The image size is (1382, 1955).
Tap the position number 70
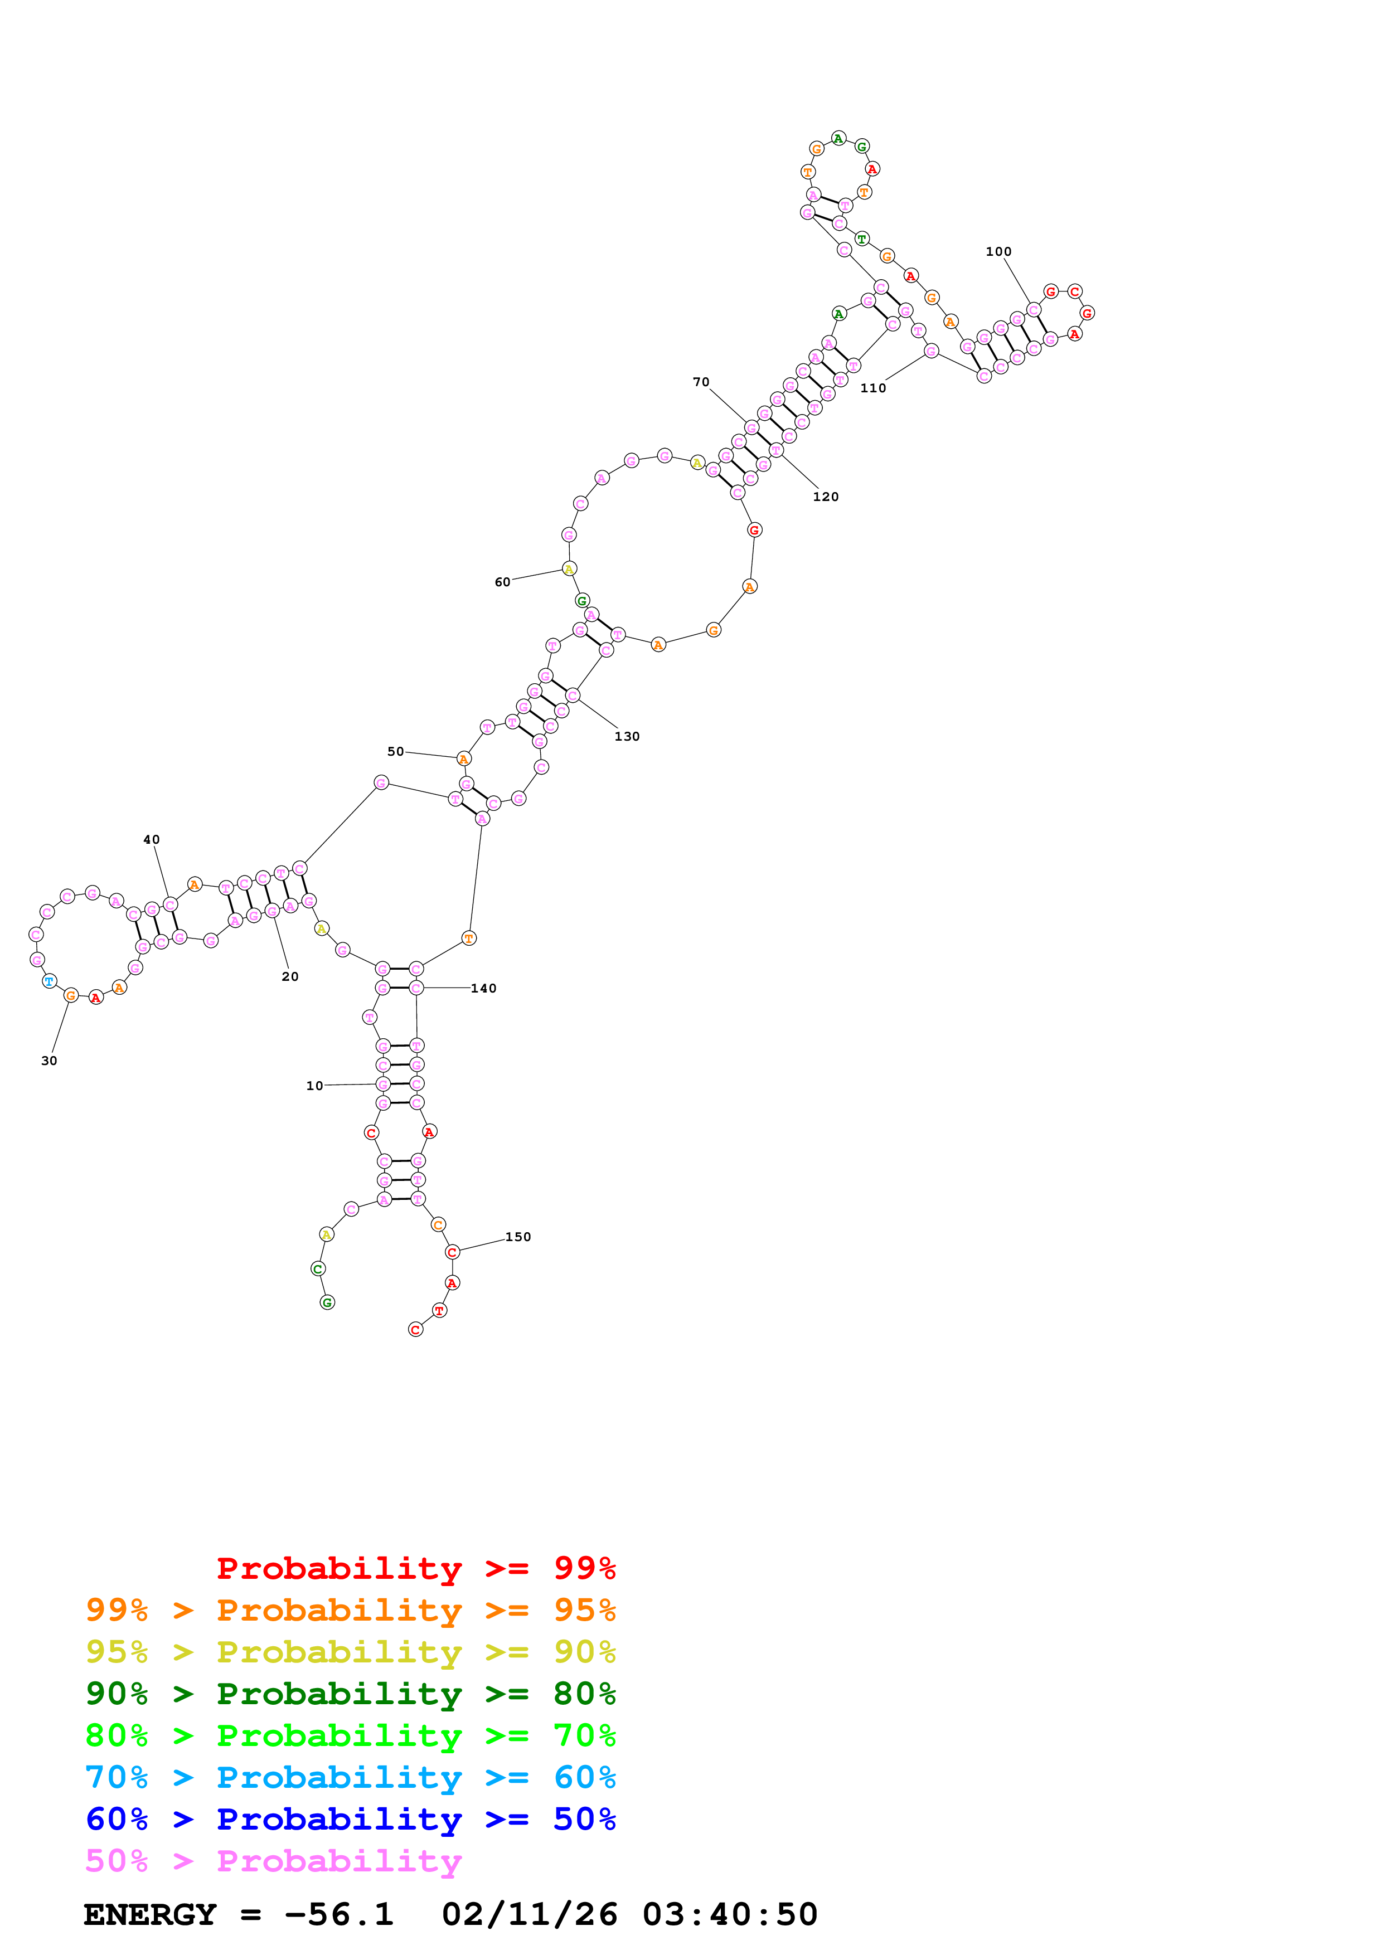[701, 382]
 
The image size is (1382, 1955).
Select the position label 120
[825, 497]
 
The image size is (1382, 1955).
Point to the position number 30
[50, 1061]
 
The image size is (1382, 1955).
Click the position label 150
[518, 1237]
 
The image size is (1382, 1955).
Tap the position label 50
[396, 752]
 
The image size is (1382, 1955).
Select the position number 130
[627, 737]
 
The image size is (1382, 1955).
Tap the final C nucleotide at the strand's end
[415, 1330]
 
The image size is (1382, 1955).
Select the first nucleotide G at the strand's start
[327, 1303]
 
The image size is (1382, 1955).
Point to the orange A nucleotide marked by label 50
[463, 758]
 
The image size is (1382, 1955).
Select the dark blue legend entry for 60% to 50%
[350, 1820]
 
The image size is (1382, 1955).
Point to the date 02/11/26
[529, 1915]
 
